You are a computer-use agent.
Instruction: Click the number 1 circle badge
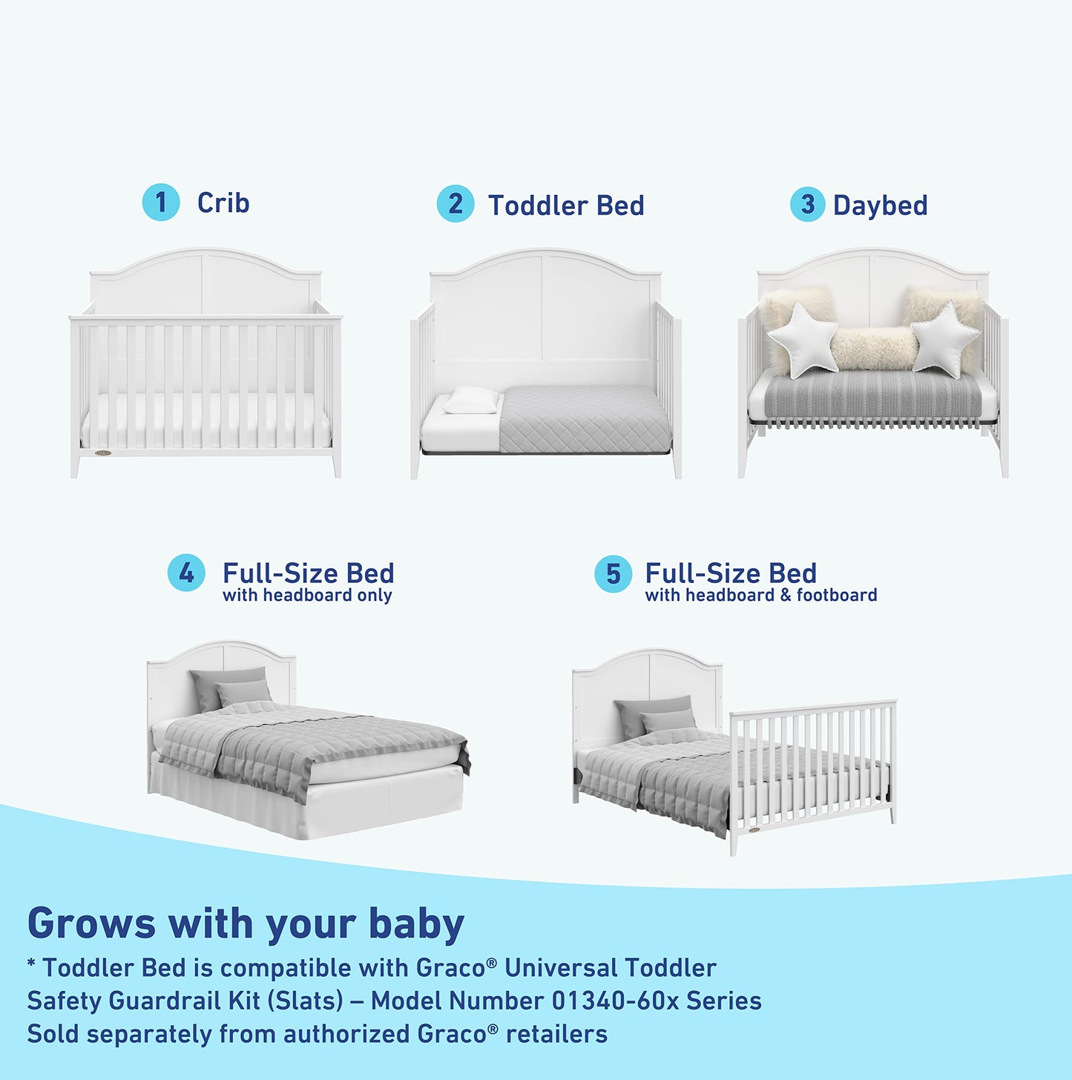[x=161, y=202]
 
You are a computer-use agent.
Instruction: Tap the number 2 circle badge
[x=455, y=204]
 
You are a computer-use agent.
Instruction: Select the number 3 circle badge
[x=807, y=205]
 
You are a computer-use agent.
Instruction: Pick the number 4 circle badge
[x=186, y=573]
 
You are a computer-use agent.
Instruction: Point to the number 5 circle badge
[x=613, y=574]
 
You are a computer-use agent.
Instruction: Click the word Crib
[x=223, y=202]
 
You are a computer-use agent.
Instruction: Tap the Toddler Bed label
[x=566, y=205]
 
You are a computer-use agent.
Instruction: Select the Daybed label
[x=880, y=205]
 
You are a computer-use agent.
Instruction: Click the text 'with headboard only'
[x=307, y=596]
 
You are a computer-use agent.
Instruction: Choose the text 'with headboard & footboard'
[x=760, y=596]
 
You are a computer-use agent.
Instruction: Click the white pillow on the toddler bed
[x=471, y=401]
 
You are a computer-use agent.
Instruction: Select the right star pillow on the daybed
[x=945, y=338]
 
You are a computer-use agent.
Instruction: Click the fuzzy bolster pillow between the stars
[x=873, y=349]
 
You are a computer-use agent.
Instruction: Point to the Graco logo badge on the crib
[x=103, y=452]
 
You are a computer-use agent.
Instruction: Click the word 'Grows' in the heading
[x=91, y=923]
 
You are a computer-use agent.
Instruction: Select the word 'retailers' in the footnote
[x=556, y=1034]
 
